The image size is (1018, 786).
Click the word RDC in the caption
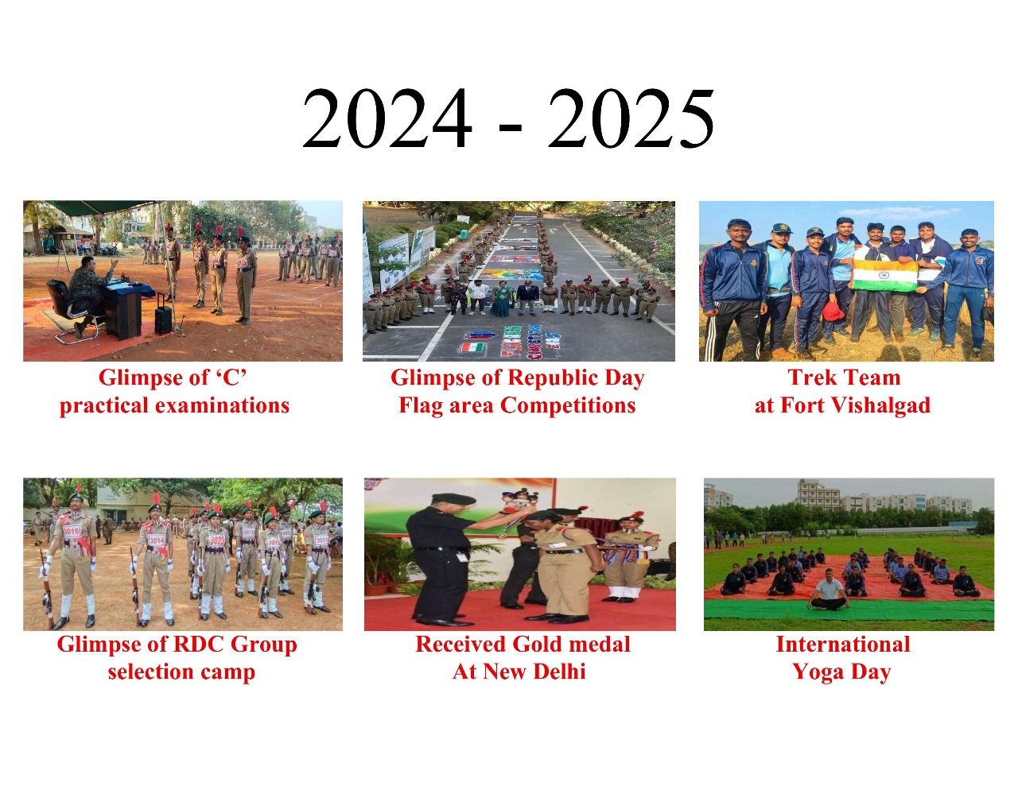(x=199, y=645)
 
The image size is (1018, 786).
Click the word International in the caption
(x=843, y=645)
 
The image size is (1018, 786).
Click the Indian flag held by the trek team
(x=884, y=275)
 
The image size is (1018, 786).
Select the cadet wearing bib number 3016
(x=75, y=555)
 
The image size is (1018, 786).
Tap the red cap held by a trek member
(x=833, y=312)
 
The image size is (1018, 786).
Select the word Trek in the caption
(x=810, y=378)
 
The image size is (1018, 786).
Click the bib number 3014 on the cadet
(x=156, y=540)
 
